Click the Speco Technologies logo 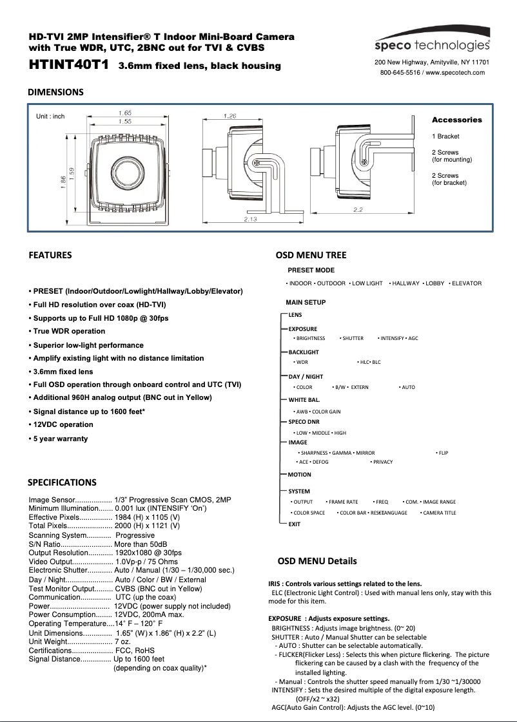coord(432,45)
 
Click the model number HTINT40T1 coord(68,65)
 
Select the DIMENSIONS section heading coord(55,92)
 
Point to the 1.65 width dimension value coord(125,113)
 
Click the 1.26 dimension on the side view coord(229,116)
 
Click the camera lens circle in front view coord(125,168)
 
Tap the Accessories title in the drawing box coord(456,120)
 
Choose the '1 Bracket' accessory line coord(445,137)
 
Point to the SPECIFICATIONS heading coord(62,482)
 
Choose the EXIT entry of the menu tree coord(294,524)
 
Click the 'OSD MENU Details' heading coord(317,561)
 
